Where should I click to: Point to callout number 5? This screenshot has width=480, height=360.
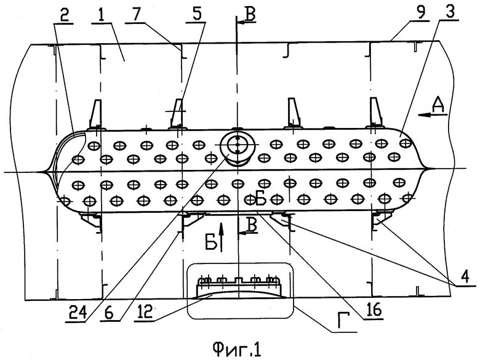[196, 13]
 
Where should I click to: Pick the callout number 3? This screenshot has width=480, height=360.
[452, 13]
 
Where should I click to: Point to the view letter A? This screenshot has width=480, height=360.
[438, 106]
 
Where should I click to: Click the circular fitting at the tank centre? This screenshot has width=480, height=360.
[236, 146]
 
